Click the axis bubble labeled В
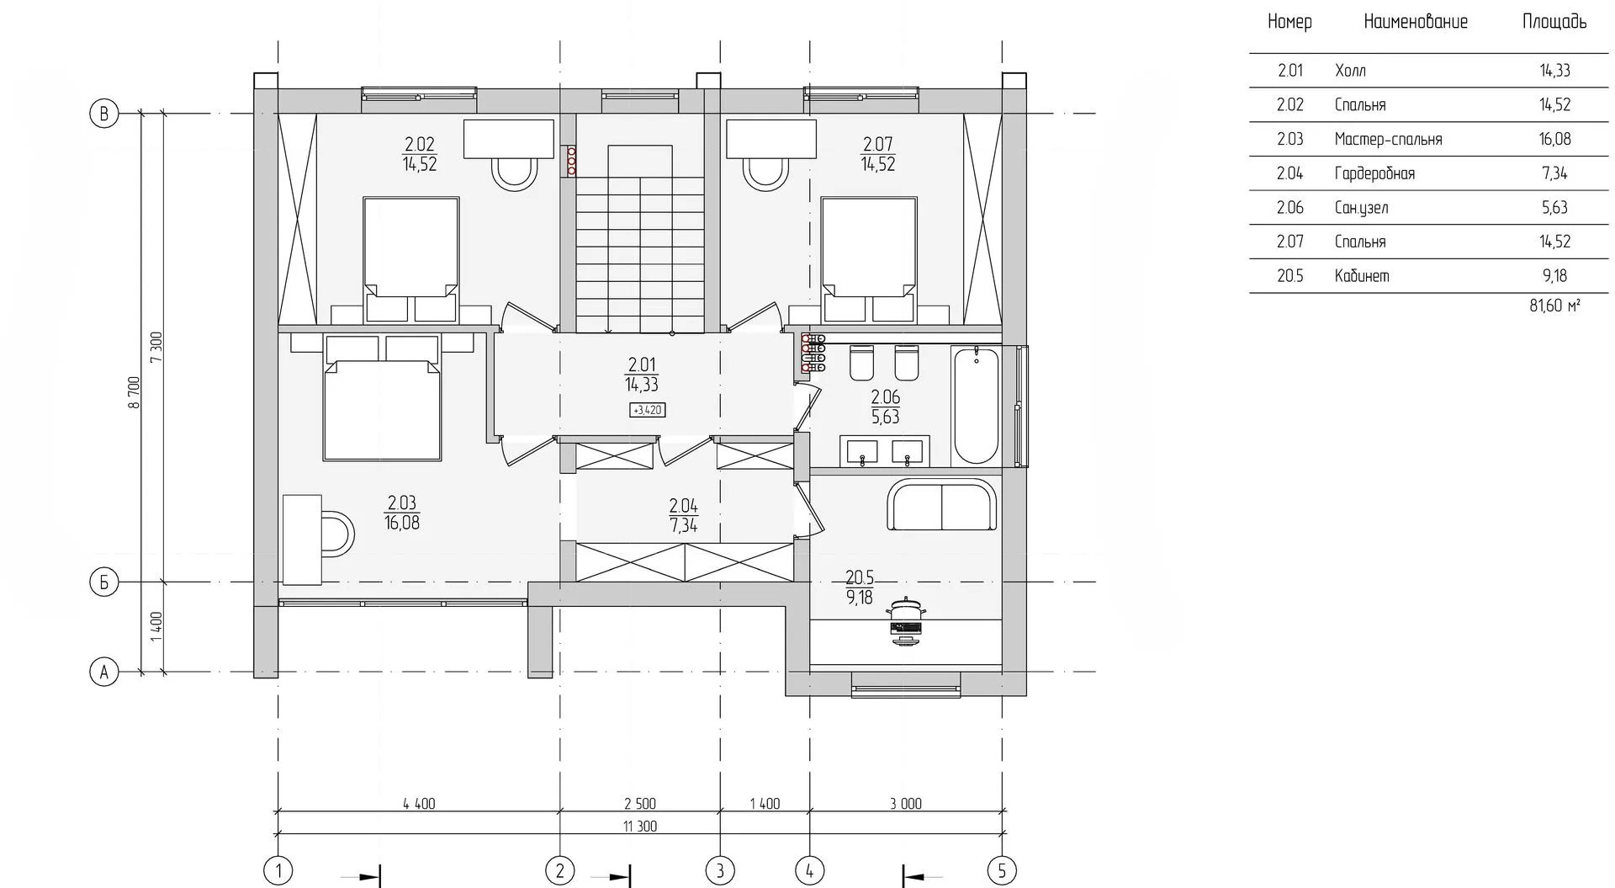[103, 114]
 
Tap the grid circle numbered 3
[720, 870]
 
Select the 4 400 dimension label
[419, 804]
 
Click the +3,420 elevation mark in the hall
[648, 411]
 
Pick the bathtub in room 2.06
[976, 406]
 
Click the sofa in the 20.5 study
[941, 505]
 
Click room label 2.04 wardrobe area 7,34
[683, 516]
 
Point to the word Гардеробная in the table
[1374, 173]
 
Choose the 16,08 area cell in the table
[1554, 139]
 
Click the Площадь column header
[1554, 22]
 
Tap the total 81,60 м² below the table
[1554, 306]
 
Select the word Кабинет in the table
[1362, 276]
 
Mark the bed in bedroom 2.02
[411, 259]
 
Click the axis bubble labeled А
[103, 673]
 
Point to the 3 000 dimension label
[906, 804]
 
